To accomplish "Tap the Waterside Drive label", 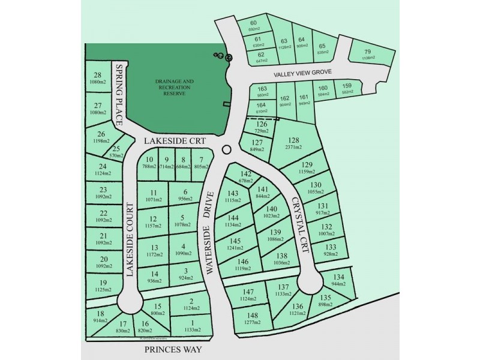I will click(x=210, y=233).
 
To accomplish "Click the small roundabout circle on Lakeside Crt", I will click(x=226, y=149).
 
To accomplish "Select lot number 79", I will click(x=368, y=52).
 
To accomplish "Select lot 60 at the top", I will click(x=253, y=25).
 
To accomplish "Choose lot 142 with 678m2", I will click(x=245, y=176).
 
